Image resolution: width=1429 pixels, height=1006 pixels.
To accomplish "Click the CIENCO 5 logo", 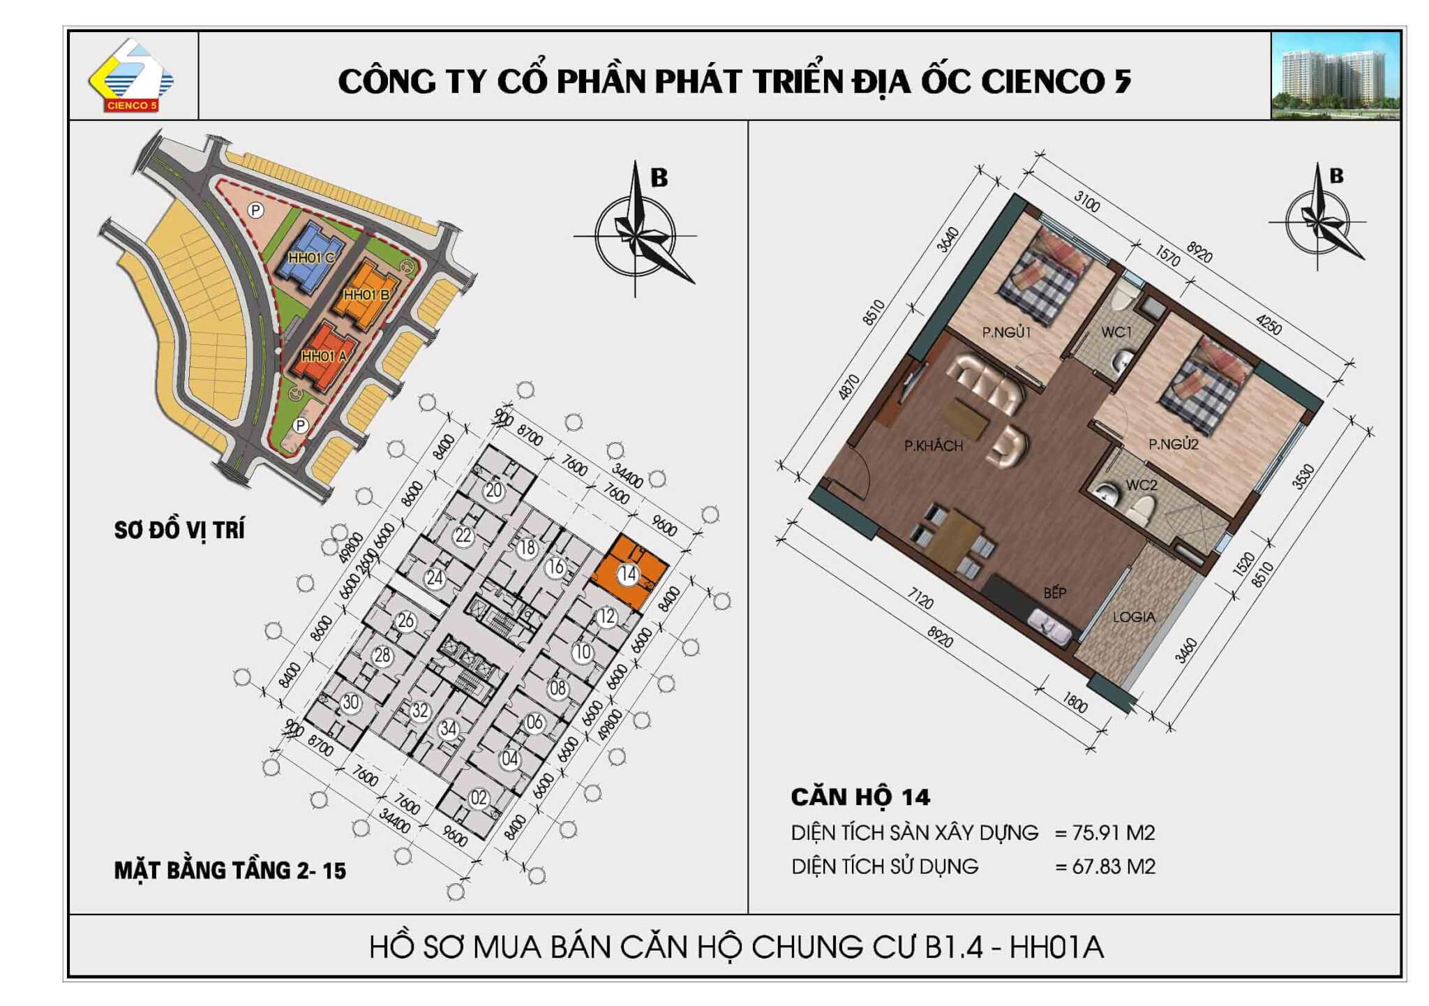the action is (131, 75).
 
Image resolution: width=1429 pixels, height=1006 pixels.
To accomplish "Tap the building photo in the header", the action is (1336, 75).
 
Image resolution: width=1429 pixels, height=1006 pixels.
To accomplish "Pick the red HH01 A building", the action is (325, 356).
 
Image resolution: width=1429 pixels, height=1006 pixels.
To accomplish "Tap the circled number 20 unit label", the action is (494, 490).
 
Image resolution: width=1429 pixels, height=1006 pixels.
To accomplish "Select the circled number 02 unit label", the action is (479, 798).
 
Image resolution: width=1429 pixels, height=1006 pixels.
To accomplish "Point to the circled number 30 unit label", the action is (350, 702).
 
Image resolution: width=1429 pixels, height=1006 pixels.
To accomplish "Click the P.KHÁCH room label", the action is (933, 445).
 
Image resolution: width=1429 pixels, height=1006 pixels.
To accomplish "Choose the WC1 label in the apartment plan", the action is (1116, 332).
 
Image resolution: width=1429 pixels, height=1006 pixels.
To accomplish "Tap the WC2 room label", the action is (1142, 484).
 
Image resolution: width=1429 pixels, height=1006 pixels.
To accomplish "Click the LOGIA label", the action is (1134, 617).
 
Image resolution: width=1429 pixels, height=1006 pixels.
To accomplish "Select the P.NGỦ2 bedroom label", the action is (1174, 443).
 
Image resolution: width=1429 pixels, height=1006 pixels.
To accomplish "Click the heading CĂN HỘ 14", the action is (860, 797).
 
